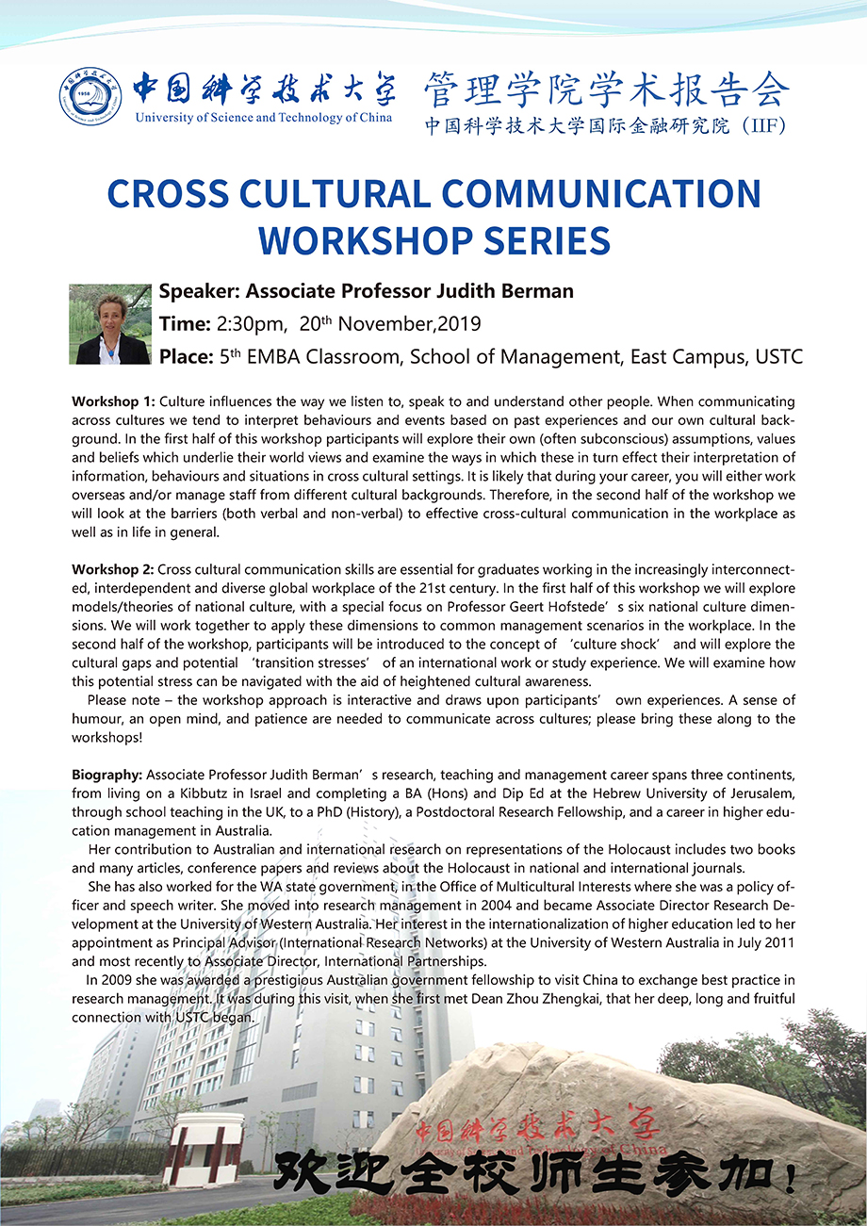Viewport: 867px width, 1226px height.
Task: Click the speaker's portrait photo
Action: tap(110, 323)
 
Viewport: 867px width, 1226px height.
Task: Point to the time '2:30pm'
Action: tap(251, 324)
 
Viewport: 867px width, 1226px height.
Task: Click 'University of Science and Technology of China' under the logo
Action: tap(265, 118)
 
